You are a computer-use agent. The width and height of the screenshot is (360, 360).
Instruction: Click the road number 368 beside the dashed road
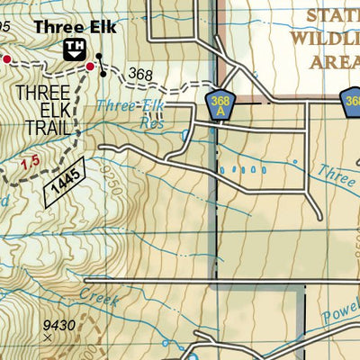pyautogui.click(x=139, y=75)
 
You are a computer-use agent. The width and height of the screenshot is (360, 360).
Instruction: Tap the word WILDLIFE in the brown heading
pyautogui.click(x=323, y=39)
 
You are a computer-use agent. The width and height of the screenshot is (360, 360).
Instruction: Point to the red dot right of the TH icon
pyautogui.click(x=90, y=66)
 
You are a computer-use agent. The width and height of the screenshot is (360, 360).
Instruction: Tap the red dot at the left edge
pyautogui.click(x=5, y=58)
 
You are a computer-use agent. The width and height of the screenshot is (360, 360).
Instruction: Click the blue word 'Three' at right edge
pyautogui.click(x=340, y=174)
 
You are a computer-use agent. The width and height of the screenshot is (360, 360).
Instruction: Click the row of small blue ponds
pyautogui.click(x=246, y=168)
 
